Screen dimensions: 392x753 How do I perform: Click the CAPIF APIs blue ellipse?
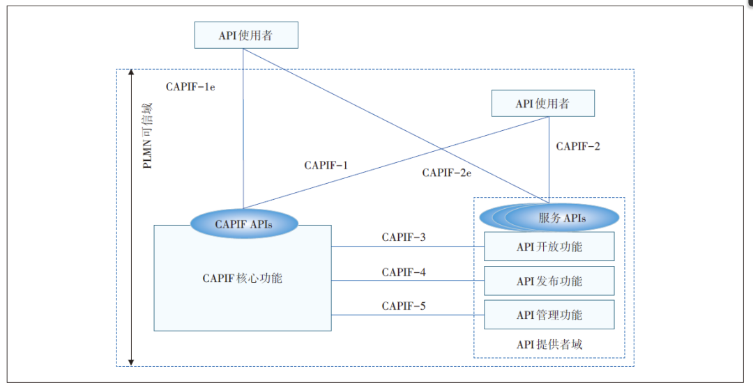click(x=243, y=224)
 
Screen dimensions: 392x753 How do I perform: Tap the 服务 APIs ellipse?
click(x=561, y=217)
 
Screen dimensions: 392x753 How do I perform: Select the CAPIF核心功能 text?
click(x=243, y=279)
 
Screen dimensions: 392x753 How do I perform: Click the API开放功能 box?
click(x=549, y=246)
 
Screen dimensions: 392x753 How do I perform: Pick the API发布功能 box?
click(x=549, y=281)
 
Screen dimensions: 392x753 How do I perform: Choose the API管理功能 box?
click(x=549, y=315)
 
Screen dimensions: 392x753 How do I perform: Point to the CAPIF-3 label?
click(x=404, y=237)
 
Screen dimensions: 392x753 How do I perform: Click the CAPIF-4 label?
click(x=404, y=272)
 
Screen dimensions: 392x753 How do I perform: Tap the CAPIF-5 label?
click(x=404, y=306)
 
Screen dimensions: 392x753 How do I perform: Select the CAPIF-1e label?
click(x=190, y=87)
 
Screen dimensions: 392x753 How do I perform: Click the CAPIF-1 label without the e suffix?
click(x=326, y=166)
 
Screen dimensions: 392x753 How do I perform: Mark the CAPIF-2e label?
click(x=447, y=173)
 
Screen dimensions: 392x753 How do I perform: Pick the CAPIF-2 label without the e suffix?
click(x=578, y=146)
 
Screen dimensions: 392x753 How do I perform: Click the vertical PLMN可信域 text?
click(x=147, y=136)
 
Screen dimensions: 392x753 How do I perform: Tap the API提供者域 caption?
click(x=549, y=345)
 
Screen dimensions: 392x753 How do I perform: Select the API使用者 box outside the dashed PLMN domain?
click(x=246, y=36)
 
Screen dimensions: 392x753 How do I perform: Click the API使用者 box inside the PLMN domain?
click(x=543, y=104)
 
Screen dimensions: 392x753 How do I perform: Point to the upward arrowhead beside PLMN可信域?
click(x=131, y=73)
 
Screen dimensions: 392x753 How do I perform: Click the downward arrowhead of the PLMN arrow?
click(x=131, y=361)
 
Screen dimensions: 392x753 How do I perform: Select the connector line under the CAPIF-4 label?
click(x=407, y=281)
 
